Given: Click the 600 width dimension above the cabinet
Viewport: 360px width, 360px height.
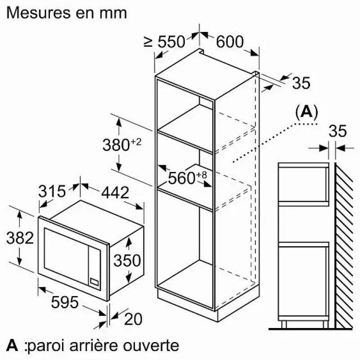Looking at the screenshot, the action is (229, 42).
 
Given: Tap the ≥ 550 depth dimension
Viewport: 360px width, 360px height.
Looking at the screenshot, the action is (164, 42).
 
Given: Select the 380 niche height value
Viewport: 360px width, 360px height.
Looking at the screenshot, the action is (116, 145).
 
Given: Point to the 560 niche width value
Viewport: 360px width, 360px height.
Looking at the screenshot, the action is (182, 178).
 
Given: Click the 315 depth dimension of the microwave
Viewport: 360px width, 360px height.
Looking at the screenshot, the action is (52, 191).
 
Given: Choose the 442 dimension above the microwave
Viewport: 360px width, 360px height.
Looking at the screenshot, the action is (115, 193).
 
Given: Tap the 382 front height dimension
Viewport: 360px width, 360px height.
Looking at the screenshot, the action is (20, 238).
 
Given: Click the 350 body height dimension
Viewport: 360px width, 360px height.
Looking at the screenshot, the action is (127, 261).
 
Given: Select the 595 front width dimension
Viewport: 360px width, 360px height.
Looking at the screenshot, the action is (65, 302).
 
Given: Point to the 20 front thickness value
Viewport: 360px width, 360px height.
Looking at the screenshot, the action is (133, 319).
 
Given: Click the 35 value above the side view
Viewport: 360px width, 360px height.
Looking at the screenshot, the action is (337, 131).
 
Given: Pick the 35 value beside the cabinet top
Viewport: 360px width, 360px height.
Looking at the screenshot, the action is (301, 83).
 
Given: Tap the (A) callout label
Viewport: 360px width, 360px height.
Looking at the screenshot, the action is (306, 112).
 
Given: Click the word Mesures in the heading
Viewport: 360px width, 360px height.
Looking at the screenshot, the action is (39, 13).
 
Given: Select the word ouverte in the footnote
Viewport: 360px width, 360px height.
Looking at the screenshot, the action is (151, 346).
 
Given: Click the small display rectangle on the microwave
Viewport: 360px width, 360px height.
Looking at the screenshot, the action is (94, 282).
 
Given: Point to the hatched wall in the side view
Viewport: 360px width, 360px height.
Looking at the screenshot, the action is (343, 246).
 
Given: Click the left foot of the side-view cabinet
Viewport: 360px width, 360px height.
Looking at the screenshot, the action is (284, 324).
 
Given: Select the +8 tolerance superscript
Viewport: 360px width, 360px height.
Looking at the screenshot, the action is (202, 175).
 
